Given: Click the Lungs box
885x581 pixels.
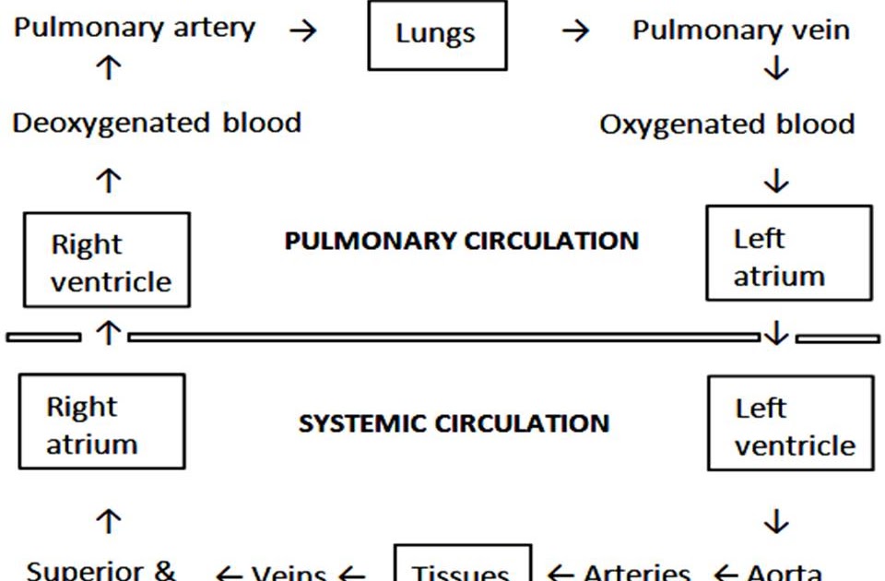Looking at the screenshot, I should pos(437,35).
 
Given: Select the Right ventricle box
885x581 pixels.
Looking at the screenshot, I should pos(106,260).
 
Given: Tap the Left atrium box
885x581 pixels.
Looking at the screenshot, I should pos(788,254).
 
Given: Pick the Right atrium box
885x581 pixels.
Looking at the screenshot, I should pos(101,422).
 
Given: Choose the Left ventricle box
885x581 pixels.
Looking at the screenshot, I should pos(790,423).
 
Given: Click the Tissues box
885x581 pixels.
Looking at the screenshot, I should pos(463,564).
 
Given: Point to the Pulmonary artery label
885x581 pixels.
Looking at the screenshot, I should pos(135,28).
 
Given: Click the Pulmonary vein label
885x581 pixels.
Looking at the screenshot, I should pos(740,30).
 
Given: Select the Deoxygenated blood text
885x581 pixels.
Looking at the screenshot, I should pos(157,123).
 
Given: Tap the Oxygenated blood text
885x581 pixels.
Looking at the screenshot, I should pos(726,125).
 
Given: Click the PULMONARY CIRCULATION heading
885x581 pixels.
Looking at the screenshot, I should pos(461,242).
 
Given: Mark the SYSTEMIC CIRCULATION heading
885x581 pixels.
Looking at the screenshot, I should pos(454,424).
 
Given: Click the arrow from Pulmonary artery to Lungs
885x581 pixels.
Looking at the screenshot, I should pos(302,30).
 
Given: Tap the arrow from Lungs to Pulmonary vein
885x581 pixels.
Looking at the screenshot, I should pos(575,30).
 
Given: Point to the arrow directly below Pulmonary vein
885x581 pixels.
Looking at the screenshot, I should pos(776,68).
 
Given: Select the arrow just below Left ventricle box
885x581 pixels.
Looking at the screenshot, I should pos(776,523).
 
